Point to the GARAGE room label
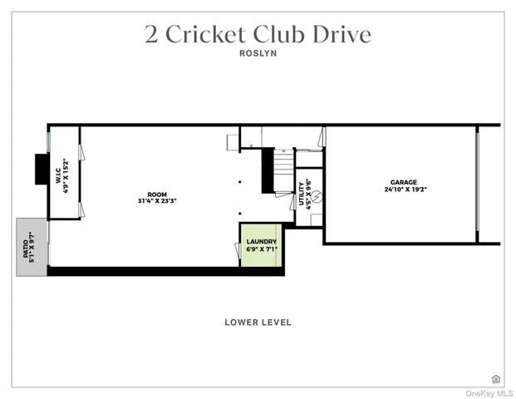404,182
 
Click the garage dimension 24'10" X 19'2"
404,190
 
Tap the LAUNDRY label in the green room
262,242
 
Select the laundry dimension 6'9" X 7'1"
262,249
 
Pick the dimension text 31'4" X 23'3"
157,200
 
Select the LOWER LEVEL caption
258,323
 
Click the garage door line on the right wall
477,185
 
